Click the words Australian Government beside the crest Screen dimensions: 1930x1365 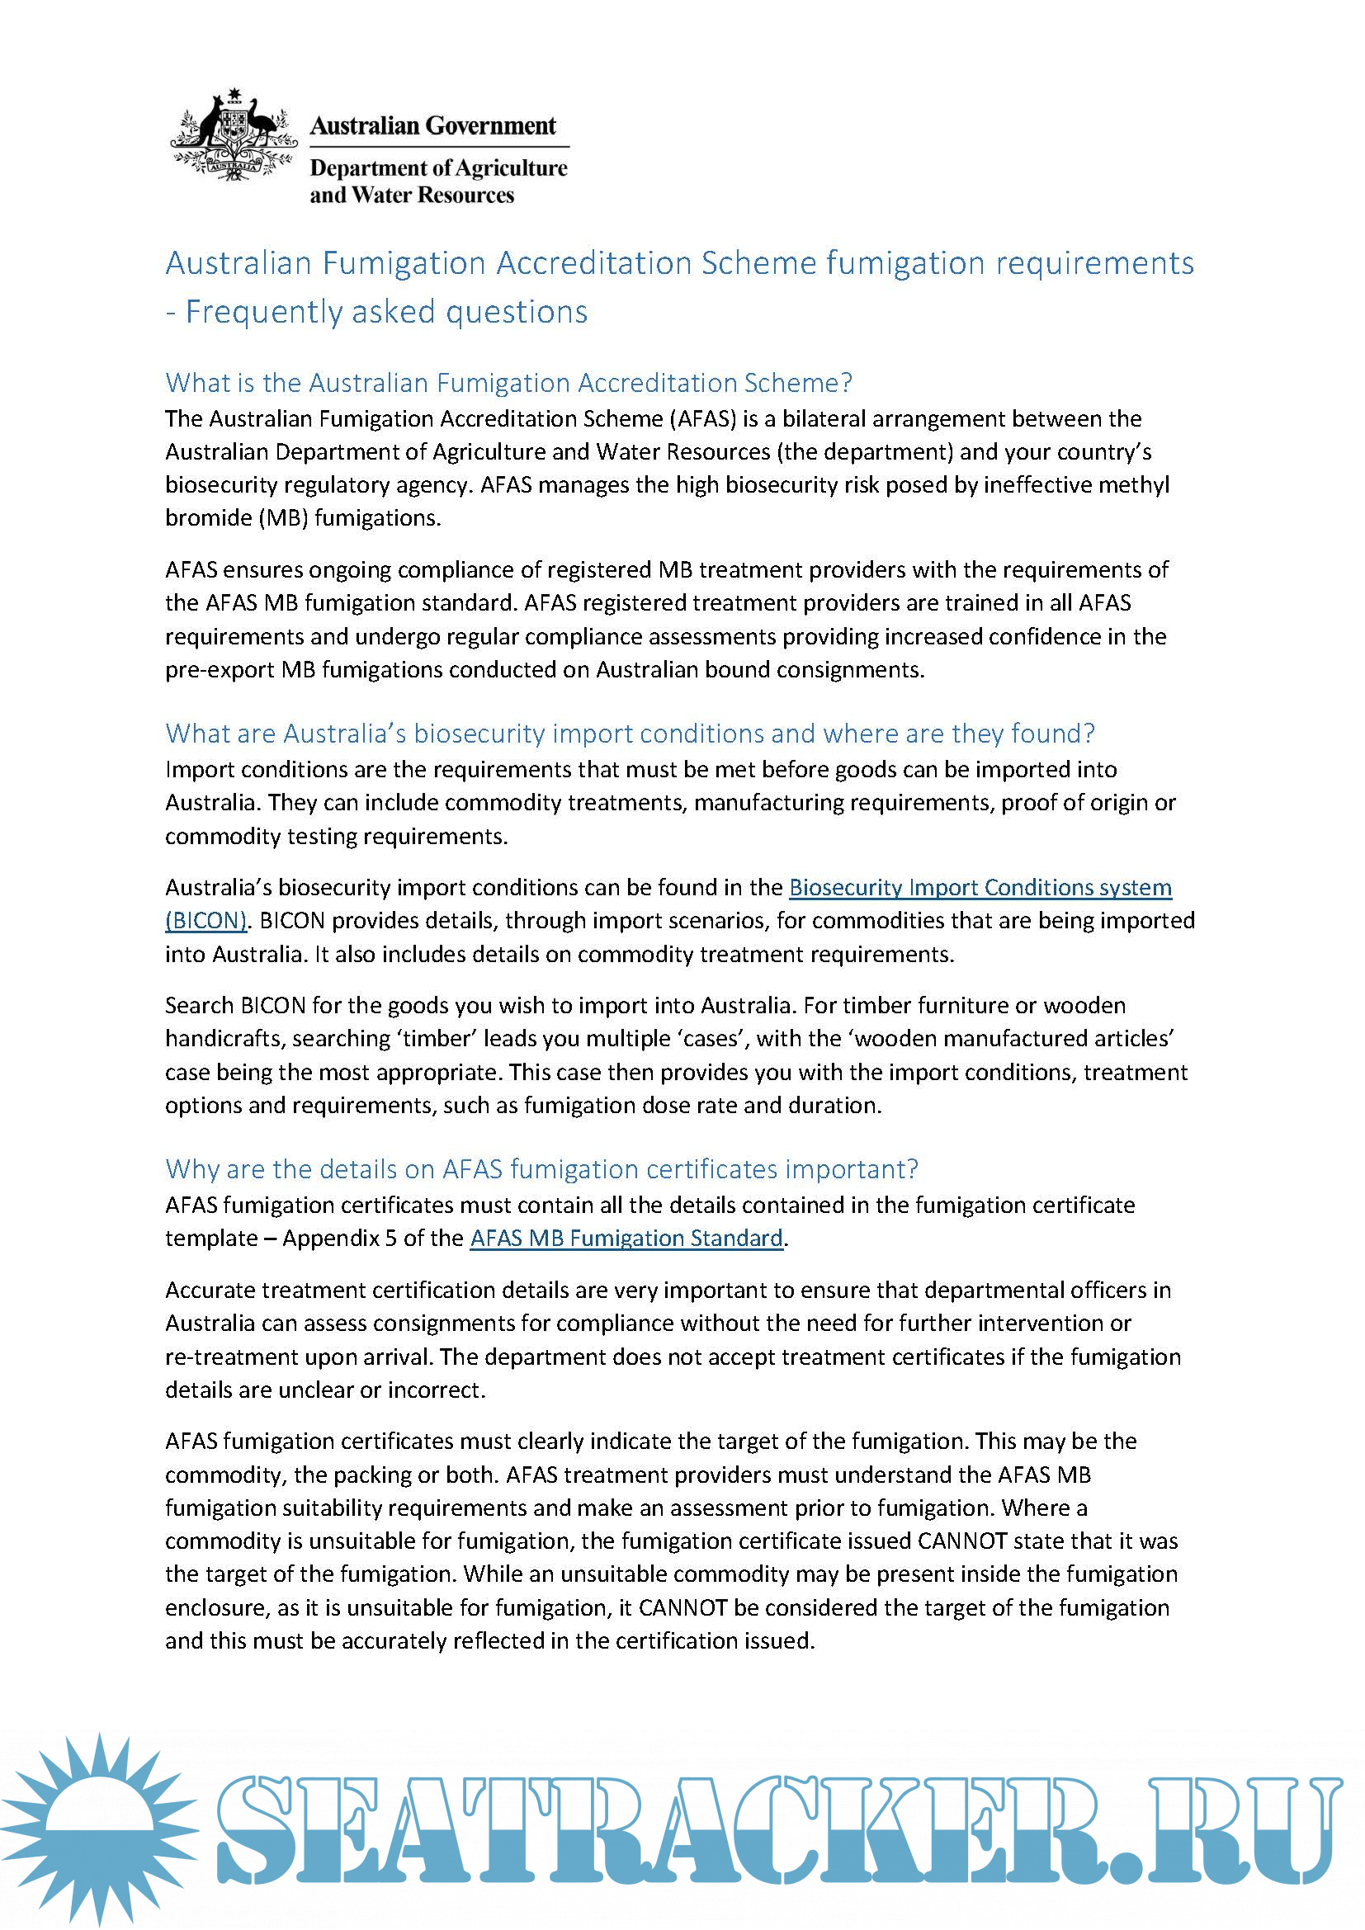tap(433, 126)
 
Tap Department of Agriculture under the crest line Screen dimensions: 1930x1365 tap(438, 168)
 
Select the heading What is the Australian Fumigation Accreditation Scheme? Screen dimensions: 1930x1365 tap(508, 384)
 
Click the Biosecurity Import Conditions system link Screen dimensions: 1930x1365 tap(980, 888)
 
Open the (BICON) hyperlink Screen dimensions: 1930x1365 tap(206, 921)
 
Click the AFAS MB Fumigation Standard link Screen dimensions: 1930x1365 tap(626, 1239)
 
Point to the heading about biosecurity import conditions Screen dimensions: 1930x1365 tap(630, 734)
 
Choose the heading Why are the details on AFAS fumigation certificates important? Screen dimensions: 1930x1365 tap(541, 1169)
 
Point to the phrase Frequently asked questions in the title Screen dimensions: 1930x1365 tap(385, 312)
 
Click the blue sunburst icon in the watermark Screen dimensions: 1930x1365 tap(99, 1829)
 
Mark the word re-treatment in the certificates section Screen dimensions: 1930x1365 tap(225, 1357)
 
